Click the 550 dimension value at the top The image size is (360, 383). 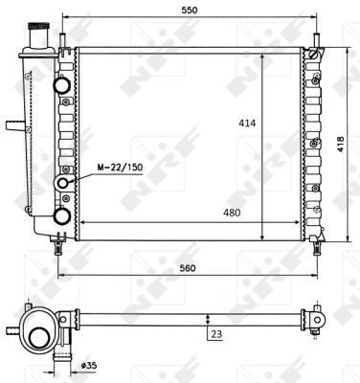tap(190, 11)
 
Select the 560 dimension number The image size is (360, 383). tap(188, 268)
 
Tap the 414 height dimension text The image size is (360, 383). tap(247, 123)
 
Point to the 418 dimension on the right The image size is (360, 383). tap(341, 145)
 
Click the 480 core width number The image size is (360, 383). tap(232, 213)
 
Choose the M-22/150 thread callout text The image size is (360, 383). tap(120, 168)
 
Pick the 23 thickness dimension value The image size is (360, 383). tap(216, 334)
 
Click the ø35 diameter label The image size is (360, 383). tap(89, 365)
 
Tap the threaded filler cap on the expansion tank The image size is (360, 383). tap(38, 27)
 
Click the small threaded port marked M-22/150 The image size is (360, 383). tap(63, 183)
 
